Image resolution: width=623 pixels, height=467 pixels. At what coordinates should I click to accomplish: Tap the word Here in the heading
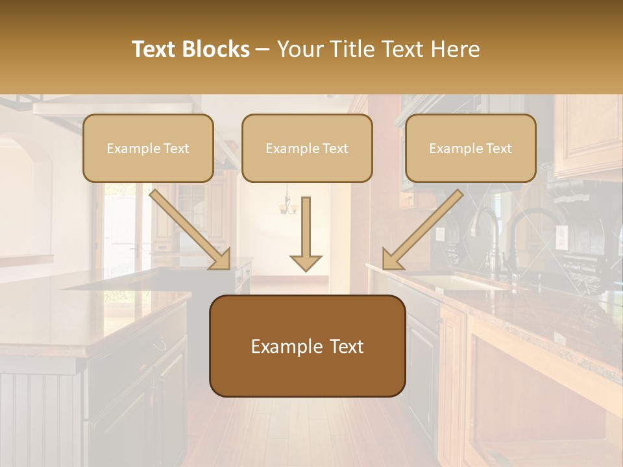pos(457,49)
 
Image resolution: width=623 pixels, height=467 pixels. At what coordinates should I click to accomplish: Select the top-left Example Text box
pos(148,148)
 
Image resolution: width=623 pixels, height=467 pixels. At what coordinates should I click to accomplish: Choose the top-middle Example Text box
pos(307,148)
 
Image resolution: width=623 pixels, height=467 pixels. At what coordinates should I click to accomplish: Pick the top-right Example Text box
pos(470,148)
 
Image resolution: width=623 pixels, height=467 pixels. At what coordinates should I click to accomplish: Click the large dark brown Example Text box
pos(307,346)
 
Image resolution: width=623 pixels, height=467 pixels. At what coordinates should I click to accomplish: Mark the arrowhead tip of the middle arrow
pos(306,269)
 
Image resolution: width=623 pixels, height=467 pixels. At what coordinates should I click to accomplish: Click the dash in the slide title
pos(263,50)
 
